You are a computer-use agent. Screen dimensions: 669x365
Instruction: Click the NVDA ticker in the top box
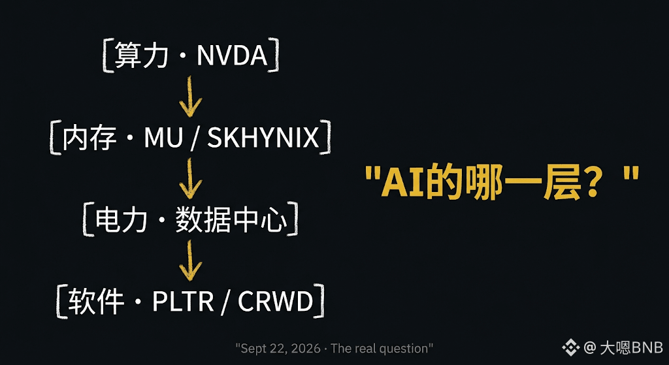[x=232, y=57]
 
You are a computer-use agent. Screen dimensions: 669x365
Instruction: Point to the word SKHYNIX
[x=263, y=138]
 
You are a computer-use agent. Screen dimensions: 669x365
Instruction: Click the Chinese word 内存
[x=88, y=138]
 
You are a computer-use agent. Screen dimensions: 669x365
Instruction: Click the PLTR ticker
[x=183, y=302]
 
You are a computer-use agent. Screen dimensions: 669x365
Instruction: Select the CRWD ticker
[x=276, y=302]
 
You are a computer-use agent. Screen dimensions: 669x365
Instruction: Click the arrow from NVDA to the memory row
[x=190, y=97]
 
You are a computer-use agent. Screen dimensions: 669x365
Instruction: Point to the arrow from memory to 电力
[x=190, y=179]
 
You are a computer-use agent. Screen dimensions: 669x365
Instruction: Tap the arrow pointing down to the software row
[x=190, y=260]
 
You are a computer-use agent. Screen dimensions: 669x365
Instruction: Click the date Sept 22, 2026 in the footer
[x=280, y=349]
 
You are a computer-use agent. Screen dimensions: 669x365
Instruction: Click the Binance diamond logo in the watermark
[x=570, y=348]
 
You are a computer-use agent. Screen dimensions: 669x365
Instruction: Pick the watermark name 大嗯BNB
[x=632, y=348]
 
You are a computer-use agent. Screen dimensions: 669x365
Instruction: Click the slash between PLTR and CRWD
[x=225, y=302]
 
